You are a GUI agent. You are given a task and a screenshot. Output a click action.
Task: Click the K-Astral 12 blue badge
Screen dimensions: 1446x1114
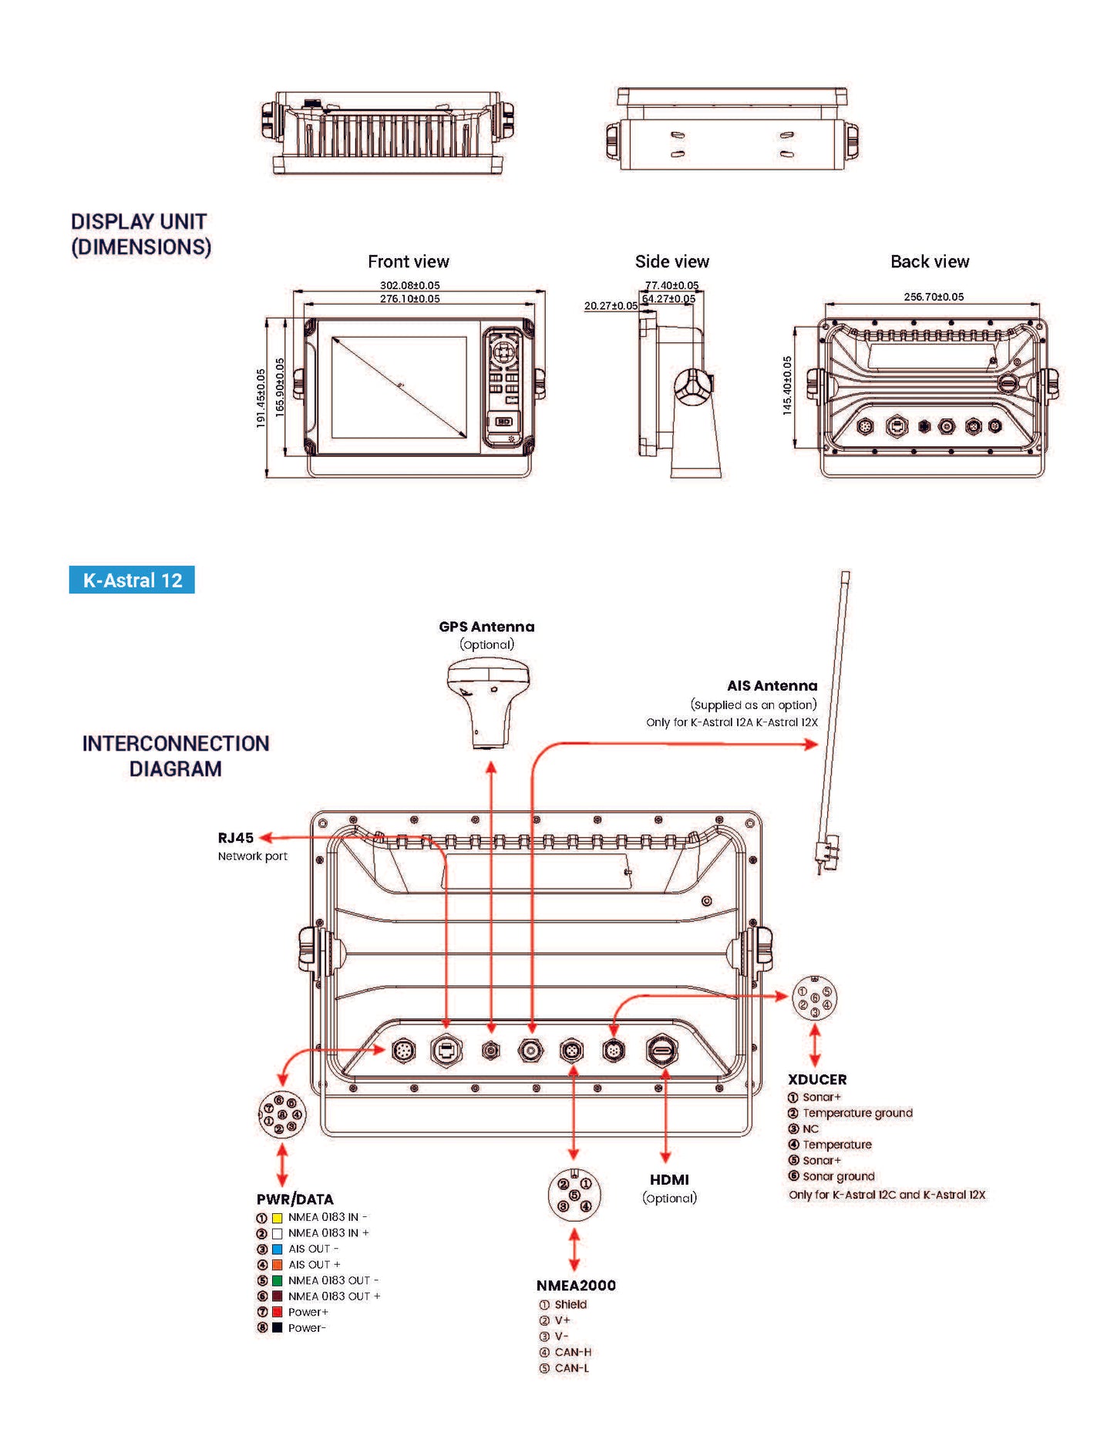click(132, 580)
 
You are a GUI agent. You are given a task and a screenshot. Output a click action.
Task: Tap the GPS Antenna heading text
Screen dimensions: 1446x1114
click(486, 627)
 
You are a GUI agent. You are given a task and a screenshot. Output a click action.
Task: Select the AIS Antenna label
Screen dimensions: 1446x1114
click(772, 685)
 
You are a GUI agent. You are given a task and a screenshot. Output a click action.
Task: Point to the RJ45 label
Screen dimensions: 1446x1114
click(235, 838)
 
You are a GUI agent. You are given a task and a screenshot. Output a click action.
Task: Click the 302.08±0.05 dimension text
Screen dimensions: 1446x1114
click(409, 285)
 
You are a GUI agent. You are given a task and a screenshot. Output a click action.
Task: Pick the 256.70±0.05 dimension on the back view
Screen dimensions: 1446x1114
click(934, 297)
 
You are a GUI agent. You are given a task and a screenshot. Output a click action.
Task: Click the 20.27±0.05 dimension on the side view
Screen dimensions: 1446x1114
click(611, 306)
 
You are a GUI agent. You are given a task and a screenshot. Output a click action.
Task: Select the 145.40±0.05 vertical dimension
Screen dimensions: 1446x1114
click(787, 385)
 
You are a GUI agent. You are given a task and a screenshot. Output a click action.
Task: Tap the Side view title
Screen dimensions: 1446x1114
click(671, 262)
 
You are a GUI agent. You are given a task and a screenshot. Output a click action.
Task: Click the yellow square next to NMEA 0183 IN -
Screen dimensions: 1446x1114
click(278, 1218)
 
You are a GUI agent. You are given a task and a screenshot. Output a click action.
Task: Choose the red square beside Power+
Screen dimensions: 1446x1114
click(278, 1312)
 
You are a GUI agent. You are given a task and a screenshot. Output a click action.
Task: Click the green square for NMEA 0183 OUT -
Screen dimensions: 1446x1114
click(278, 1280)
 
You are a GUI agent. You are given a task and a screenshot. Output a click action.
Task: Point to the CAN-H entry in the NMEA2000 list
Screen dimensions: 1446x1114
click(573, 1352)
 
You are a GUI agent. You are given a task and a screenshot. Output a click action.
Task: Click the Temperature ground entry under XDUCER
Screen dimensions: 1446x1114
click(857, 1113)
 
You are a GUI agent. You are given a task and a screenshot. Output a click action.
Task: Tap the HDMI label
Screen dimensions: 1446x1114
click(669, 1179)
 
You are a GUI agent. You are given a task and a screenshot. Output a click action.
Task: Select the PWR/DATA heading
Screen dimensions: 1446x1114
click(294, 1199)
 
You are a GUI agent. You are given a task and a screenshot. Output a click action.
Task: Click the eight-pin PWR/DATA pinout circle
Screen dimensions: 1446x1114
click(281, 1114)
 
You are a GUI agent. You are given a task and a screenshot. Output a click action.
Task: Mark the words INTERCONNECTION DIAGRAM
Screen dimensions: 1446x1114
click(176, 756)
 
